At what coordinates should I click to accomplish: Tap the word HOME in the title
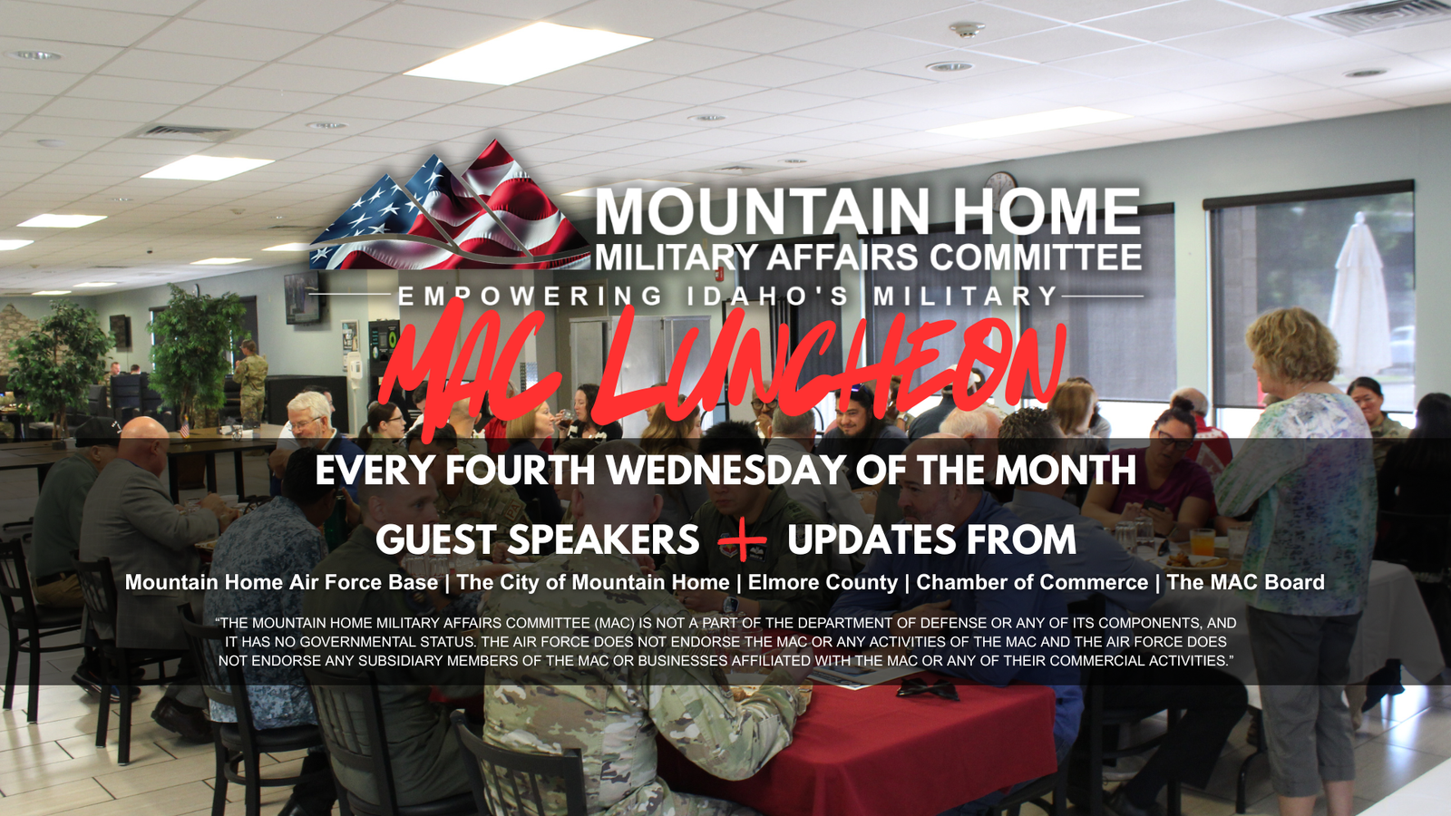tap(1047, 211)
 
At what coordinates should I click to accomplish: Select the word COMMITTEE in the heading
tap(1036, 257)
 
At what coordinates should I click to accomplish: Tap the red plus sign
tap(743, 539)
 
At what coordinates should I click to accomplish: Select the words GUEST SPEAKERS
tap(537, 539)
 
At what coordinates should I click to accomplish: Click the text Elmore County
tap(823, 582)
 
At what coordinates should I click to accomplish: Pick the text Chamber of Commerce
tap(1032, 582)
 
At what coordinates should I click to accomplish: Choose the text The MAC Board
tap(1246, 582)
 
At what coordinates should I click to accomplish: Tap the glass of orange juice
tap(1203, 543)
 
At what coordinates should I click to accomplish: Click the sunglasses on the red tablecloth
tap(928, 688)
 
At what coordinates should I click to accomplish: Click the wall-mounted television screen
tap(302, 298)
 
